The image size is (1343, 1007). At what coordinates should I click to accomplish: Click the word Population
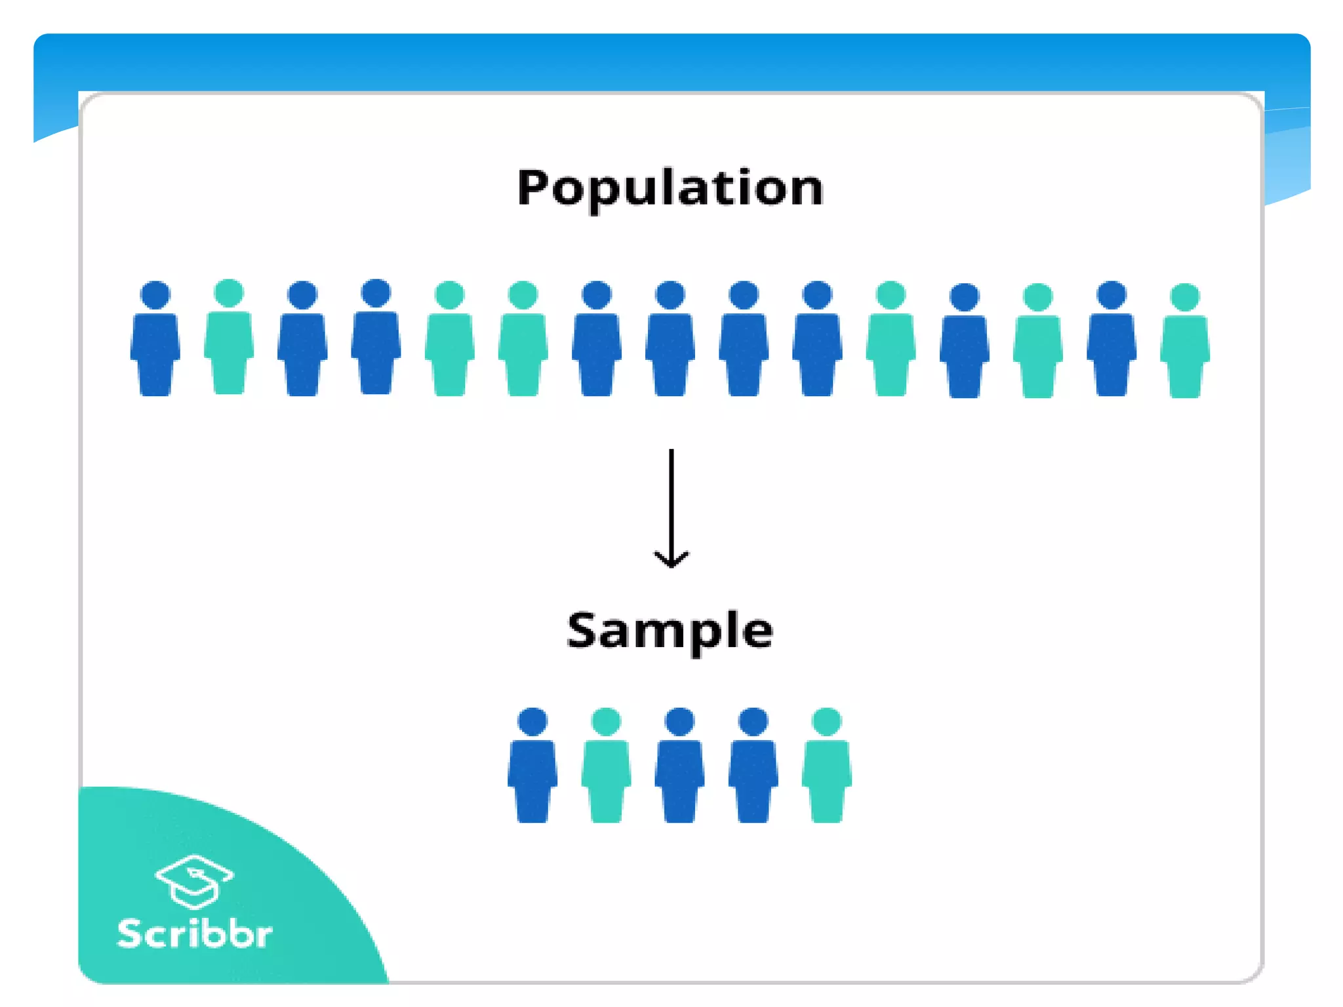(670, 188)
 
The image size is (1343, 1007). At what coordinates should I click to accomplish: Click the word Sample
(670, 631)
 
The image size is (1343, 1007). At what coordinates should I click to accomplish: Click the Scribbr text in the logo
(194, 934)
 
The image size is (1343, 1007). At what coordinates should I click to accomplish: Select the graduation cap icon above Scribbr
(194, 881)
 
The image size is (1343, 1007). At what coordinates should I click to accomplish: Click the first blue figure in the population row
(155, 341)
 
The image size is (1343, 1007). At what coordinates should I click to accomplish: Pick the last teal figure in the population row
(1185, 344)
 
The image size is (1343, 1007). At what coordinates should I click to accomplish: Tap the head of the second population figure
(229, 292)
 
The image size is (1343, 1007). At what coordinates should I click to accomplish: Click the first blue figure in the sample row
(532, 767)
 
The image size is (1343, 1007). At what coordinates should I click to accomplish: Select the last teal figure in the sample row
(827, 767)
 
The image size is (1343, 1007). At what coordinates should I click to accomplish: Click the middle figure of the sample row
(679, 767)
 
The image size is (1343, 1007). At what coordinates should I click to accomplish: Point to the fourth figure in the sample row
(753, 767)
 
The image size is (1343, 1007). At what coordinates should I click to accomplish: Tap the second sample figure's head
(606, 721)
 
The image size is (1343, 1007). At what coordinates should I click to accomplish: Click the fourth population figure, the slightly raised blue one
(376, 340)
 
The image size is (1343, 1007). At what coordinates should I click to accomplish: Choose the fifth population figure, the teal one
(450, 342)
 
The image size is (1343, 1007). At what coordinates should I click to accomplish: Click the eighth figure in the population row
(670, 342)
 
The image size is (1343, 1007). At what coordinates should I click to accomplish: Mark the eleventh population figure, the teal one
(891, 342)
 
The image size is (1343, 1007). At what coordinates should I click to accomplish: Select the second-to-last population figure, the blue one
(1112, 342)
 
